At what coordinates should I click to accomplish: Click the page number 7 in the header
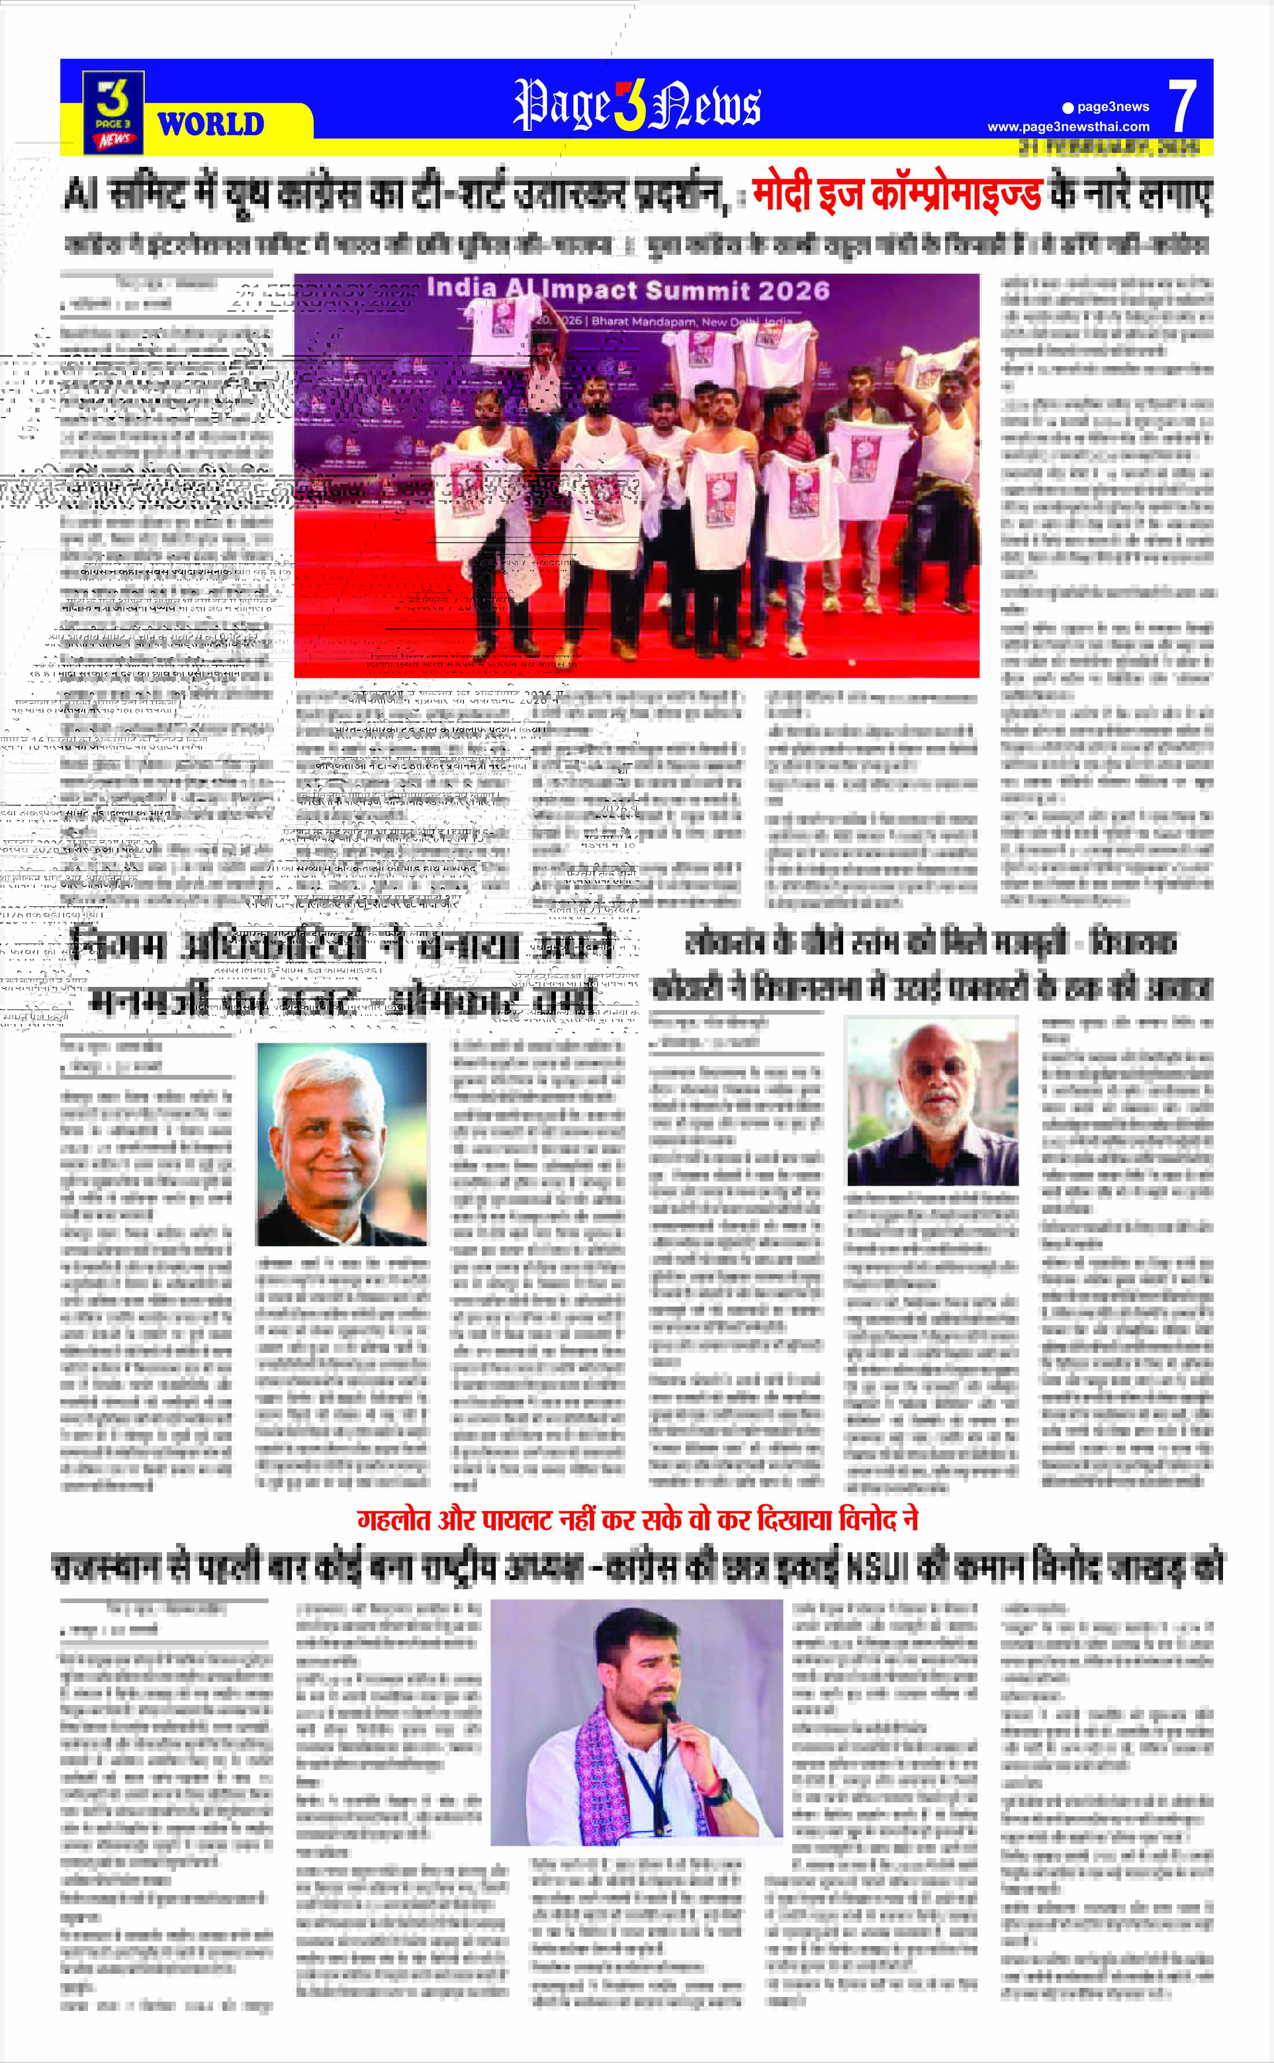[1183, 105]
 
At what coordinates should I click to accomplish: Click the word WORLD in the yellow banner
[211, 125]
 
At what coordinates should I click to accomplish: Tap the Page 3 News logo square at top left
[113, 111]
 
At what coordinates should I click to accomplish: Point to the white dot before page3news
[1068, 107]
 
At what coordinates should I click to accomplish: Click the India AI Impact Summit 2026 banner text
[628, 290]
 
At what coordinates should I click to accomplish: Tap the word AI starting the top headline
[82, 196]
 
